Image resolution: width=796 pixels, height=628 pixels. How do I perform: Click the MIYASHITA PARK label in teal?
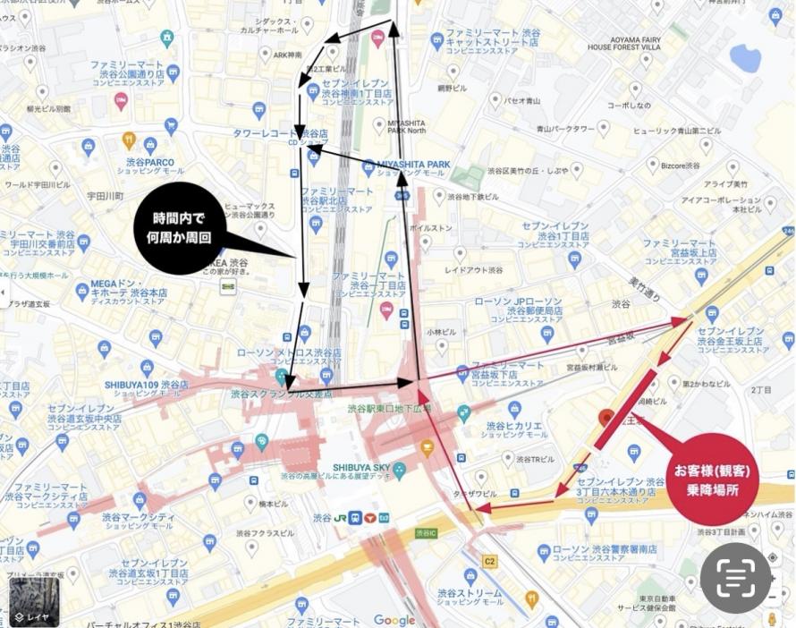[x=413, y=165]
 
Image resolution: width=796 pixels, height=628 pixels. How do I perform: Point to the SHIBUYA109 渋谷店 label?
[x=146, y=385]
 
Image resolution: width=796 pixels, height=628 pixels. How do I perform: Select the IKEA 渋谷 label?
[x=227, y=262]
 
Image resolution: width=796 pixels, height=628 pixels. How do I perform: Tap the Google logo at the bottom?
[x=394, y=620]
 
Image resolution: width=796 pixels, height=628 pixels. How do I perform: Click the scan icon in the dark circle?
[x=736, y=577]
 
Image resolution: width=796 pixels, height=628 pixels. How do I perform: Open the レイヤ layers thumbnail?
[x=34, y=601]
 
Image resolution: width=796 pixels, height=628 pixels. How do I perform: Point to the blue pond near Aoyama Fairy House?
[x=745, y=58]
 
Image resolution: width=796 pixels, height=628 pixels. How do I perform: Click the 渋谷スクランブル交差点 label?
[x=281, y=393]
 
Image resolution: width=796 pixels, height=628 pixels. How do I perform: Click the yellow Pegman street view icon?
[x=772, y=618]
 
